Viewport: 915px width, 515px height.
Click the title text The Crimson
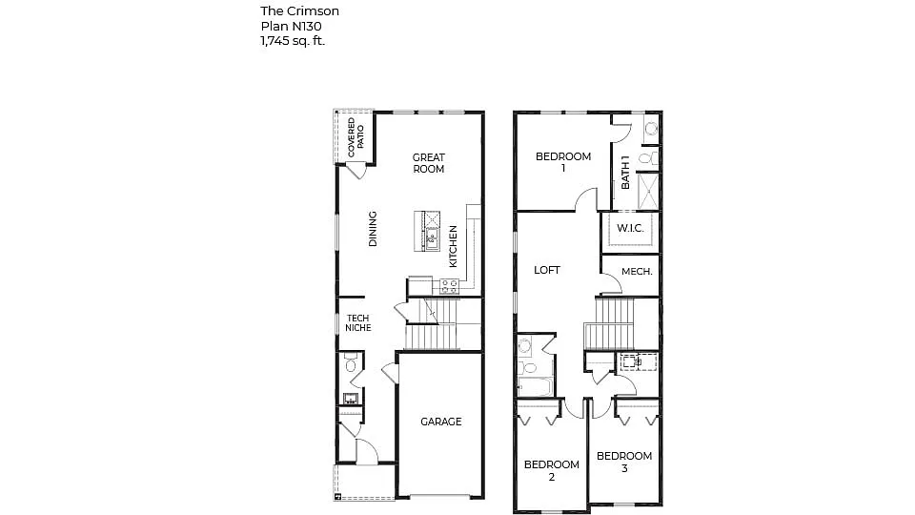click(x=299, y=10)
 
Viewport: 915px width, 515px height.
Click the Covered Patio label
click(x=355, y=137)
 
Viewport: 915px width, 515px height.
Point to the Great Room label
click(x=428, y=163)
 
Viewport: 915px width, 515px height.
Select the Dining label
click(x=373, y=229)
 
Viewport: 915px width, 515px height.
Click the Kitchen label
click(x=454, y=246)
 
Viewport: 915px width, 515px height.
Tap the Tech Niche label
click(x=358, y=323)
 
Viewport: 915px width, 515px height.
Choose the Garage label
click(x=440, y=422)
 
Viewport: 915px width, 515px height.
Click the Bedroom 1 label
click(x=562, y=162)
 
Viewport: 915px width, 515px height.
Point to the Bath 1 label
click(x=626, y=173)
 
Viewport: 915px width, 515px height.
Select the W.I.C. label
click(x=630, y=229)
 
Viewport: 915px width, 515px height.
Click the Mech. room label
click(x=637, y=272)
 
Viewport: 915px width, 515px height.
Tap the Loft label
click(x=547, y=270)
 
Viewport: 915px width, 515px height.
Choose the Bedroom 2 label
click(x=551, y=471)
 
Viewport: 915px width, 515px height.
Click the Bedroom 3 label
click(x=624, y=462)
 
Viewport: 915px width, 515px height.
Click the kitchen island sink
click(x=431, y=236)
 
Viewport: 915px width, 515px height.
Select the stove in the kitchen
click(x=449, y=284)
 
